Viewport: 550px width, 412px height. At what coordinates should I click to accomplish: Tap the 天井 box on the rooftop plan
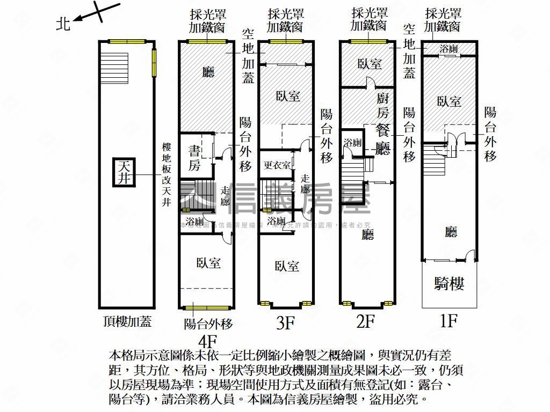point(125,172)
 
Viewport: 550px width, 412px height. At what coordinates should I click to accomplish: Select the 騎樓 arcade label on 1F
point(449,284)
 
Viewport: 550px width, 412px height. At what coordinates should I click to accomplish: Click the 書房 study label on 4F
point(194,158)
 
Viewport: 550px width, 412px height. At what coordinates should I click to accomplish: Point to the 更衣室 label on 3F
point(277,165)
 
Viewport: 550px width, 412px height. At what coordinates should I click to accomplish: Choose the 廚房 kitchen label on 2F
point(382,105)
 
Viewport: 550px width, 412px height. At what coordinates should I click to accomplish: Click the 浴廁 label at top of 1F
point(448,49)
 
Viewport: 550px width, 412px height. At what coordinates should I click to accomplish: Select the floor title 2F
point(365,321)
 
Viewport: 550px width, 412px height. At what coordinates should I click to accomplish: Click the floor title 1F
point(448,321)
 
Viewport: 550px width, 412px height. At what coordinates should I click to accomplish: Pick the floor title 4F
point(207,341)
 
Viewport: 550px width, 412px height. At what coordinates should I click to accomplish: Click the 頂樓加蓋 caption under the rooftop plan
point(127,321)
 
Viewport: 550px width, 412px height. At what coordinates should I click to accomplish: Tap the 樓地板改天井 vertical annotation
point(167,175)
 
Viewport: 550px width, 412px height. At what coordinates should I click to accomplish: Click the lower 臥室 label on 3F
point(286,266)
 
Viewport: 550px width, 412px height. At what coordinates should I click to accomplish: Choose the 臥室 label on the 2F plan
point(369,64)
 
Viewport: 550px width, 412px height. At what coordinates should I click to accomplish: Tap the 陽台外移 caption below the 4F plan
point(208,323)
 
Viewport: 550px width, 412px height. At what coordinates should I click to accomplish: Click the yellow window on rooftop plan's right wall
point(154,63)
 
